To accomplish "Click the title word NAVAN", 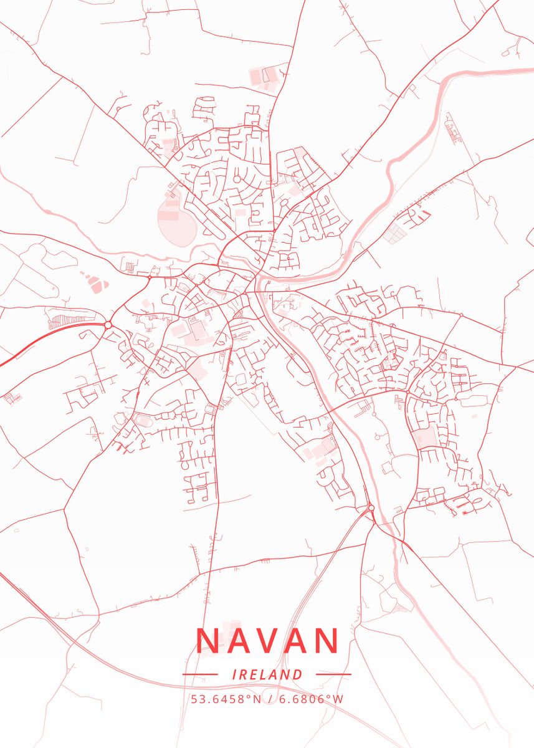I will click(267, 641).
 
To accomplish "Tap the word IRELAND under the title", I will click(267, 674).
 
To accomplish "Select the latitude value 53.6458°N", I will click(226, 699).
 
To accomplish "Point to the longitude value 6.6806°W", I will click(311, 699).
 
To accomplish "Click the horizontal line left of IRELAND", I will click(200, 674).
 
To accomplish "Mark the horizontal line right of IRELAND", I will click(333, 674).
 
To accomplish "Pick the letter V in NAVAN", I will click(267, 641).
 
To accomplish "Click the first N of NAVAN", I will click(207, 641).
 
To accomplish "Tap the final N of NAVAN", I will click(326, 641).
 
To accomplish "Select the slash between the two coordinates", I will click(270, 699).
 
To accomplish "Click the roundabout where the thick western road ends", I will click(108, 325).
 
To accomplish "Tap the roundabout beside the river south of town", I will click(371, 508).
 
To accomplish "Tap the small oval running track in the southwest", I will click(143, 421).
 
